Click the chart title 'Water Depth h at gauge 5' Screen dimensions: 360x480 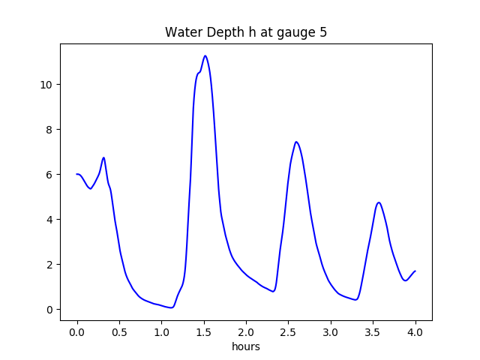pos(245,33)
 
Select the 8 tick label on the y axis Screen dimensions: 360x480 pos(49,129)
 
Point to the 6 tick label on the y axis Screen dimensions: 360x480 pos(49,174)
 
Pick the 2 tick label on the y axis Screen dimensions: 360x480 pos(49,264)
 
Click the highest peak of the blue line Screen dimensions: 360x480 pos(205,55)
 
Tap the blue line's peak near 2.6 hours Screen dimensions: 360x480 pos(296,142)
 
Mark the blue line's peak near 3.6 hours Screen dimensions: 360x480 pos(379,202)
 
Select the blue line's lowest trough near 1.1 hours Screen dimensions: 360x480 pos(172,307)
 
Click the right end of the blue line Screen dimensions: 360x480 pos(415,271)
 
